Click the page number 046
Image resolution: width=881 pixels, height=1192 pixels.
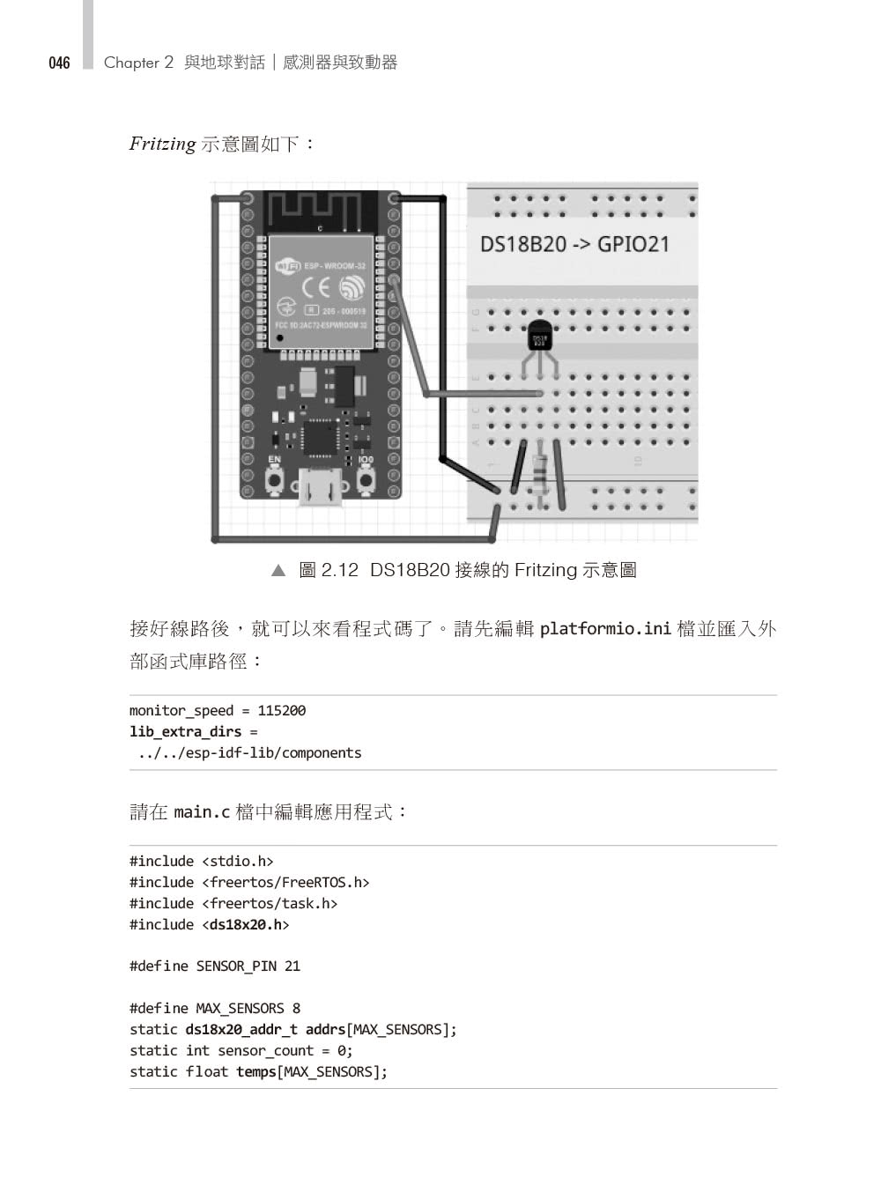[59, 63]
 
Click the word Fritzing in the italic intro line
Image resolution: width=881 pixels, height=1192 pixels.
[162, 144]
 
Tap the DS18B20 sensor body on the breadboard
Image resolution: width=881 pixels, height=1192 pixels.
[540, 337]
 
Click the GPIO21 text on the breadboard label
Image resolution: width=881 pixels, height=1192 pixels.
[633, 244]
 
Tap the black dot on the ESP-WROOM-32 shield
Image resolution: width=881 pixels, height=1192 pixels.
[279, 337]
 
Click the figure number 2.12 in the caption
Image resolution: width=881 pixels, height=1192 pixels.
[340, 570]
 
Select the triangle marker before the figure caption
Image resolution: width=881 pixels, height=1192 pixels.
[279, 571]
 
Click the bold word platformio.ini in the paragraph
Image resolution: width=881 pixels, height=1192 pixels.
[605, 629]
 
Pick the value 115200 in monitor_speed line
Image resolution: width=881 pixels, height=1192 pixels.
[282, 710]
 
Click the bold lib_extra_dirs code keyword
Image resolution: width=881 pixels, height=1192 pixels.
[185, 731]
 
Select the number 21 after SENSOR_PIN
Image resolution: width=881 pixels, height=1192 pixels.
[292, 966]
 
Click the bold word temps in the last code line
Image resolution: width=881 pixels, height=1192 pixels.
[256, 1071]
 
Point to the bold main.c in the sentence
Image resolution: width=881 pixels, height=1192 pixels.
[202, 811]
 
